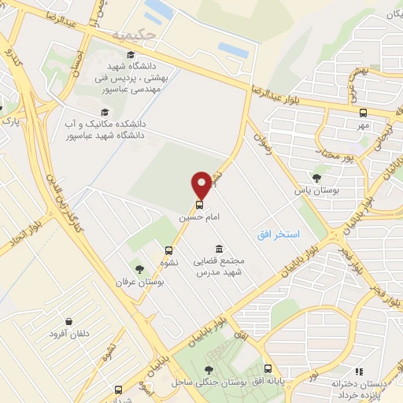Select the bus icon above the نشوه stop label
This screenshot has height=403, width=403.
point(168,251)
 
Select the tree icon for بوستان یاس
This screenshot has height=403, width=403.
point(316,179)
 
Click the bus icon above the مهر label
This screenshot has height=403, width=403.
point(363,113)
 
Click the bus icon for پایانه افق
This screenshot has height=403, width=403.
point(268,368)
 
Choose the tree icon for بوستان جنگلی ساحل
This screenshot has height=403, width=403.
point(208,370)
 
